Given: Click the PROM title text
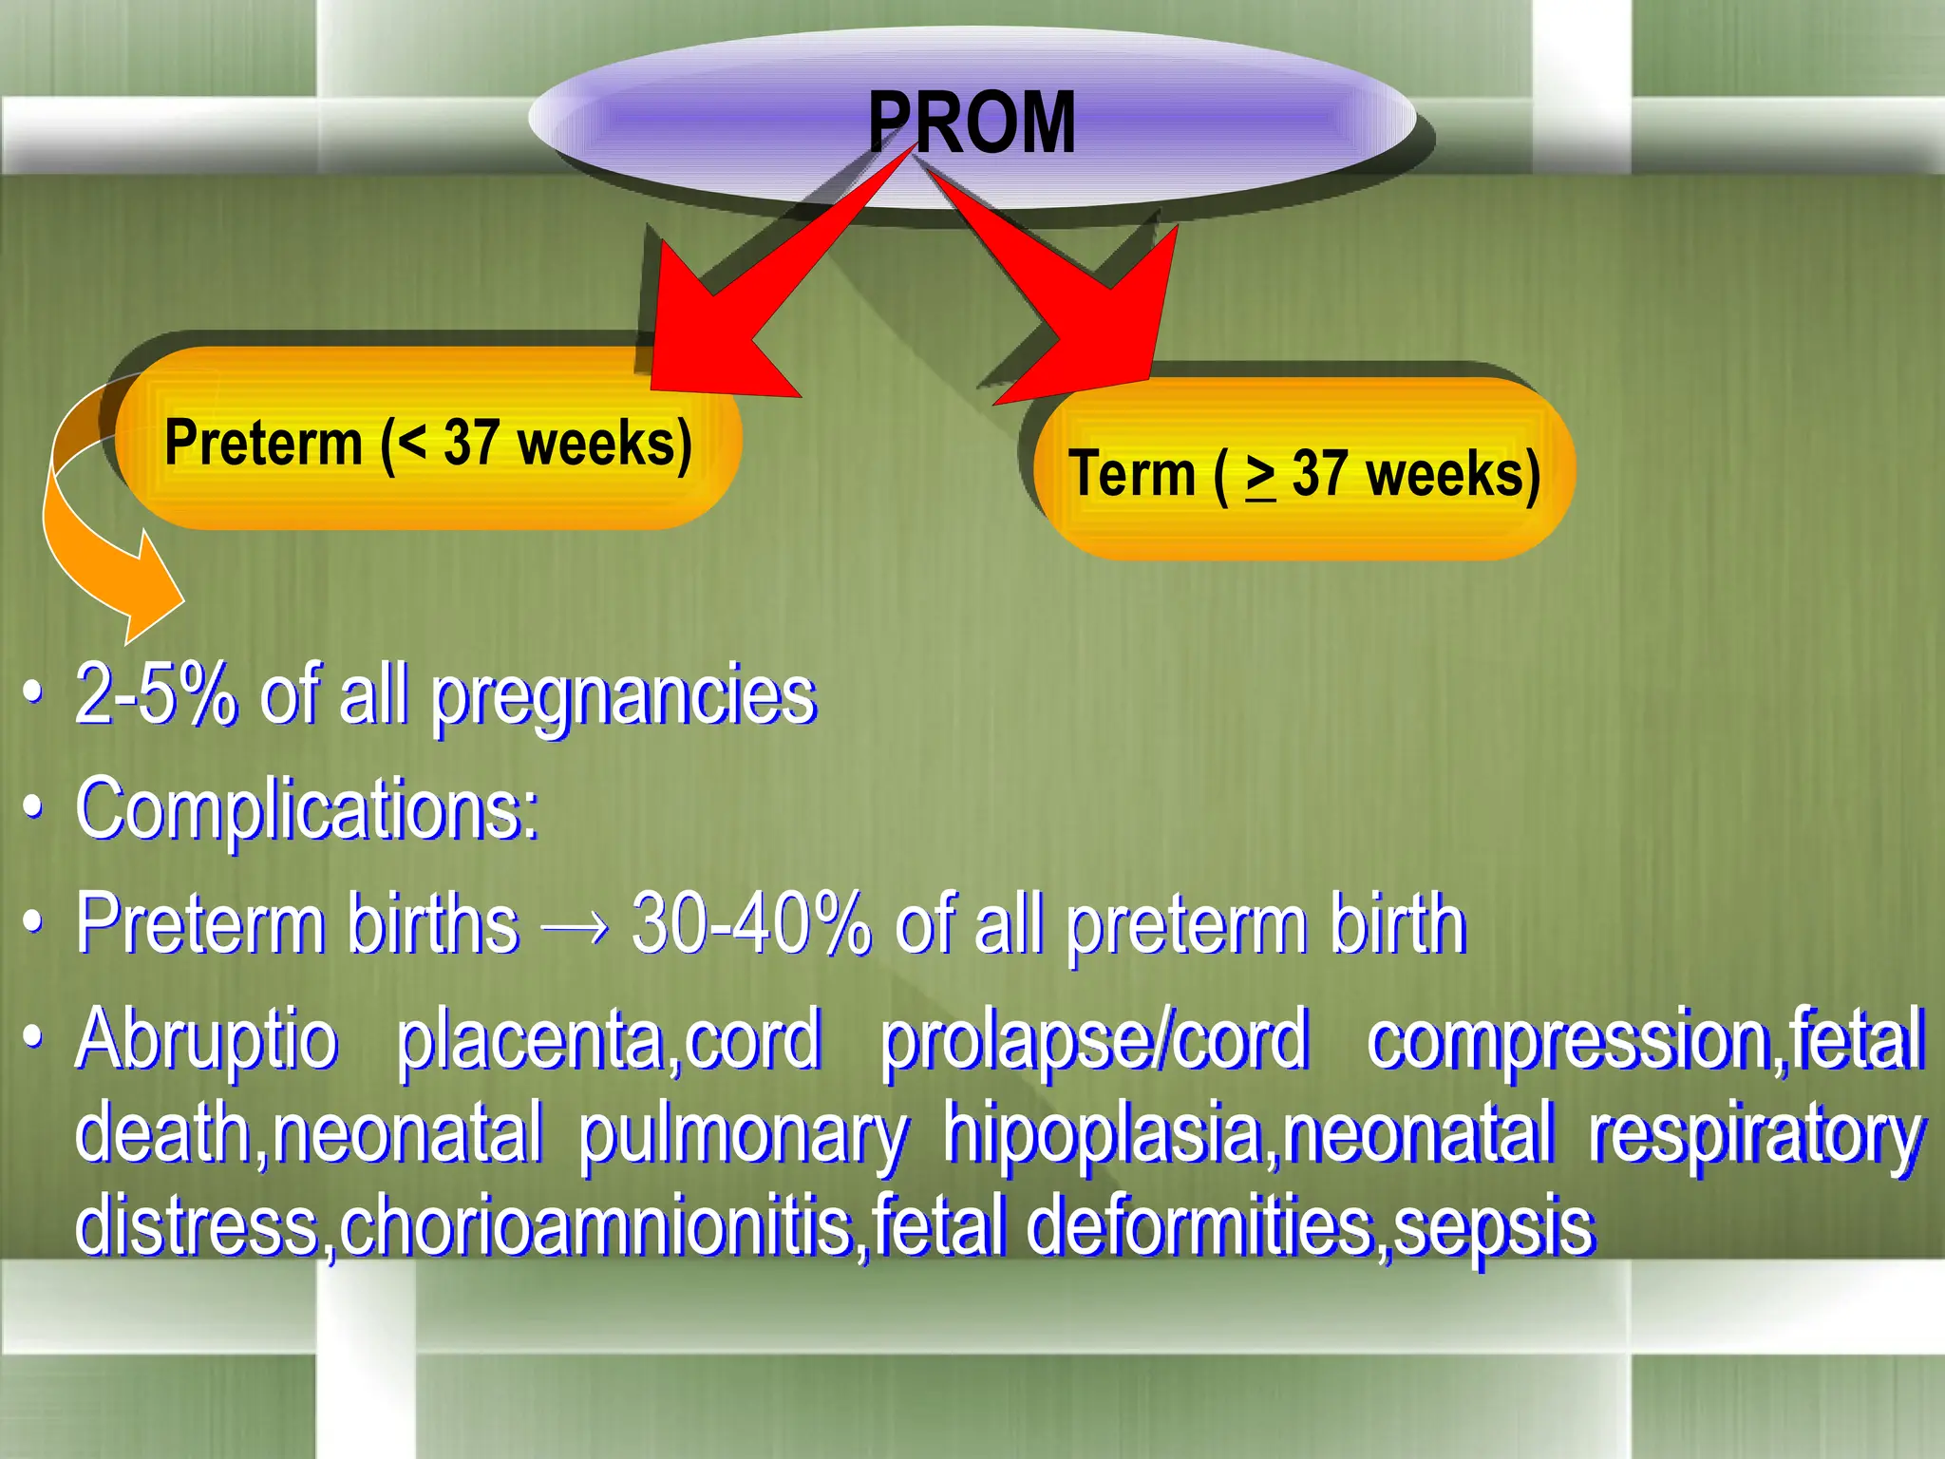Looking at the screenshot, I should point(971,123).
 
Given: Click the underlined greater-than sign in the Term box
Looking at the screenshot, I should point(1260,475).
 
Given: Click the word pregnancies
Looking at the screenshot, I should point(624,698).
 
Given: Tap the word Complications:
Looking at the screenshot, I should point(308,809).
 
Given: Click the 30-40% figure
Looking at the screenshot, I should point(750,923).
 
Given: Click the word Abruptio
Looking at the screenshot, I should point(207,1039).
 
